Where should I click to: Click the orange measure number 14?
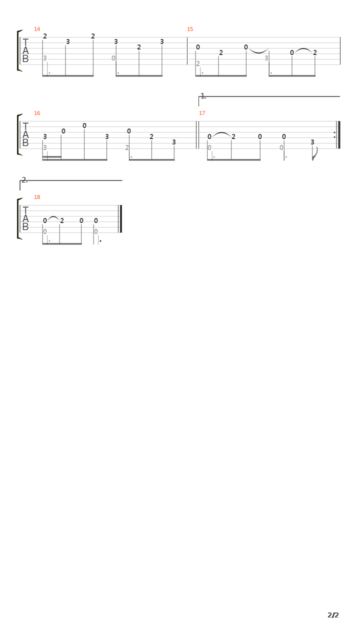(37, 29)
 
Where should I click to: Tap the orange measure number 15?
(190, 29)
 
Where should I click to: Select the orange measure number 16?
(37, 113)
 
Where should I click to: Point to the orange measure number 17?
(202, 113)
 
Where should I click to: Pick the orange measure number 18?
(37, 197)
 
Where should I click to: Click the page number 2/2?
(333, 615)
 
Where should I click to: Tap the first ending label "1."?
(203, 96)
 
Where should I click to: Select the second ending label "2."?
(24, 180)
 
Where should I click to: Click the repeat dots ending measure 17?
(334, 135)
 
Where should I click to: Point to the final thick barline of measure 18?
(121, 219)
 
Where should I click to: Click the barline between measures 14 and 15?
(187, 51)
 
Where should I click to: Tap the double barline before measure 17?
(197, 135)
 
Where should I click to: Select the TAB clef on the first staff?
(25, 50)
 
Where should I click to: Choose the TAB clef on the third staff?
(25, 218)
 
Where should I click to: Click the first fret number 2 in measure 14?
(45, 36)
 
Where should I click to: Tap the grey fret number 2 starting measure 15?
(197, 63)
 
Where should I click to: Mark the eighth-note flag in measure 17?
(315, 153)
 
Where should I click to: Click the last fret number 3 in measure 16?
(173, 142)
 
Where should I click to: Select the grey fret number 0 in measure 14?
(113, 58)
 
